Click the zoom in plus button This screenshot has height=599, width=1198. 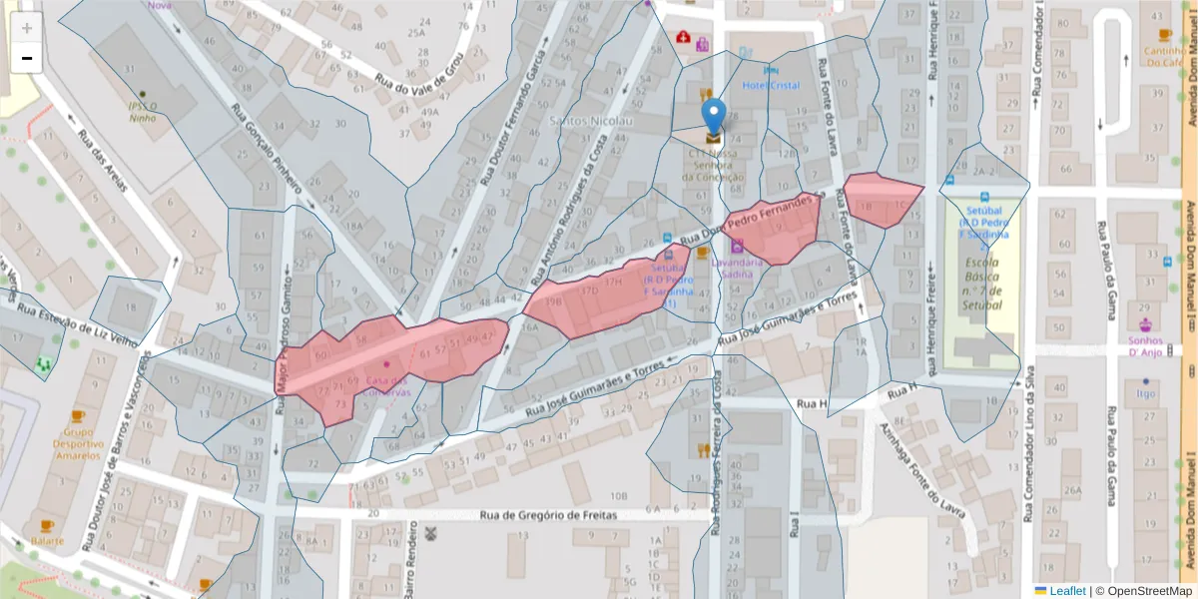[x=27, y=28]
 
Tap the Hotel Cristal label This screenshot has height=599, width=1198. [x=771, y=86]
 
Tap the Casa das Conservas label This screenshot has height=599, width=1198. [x=387, y=386]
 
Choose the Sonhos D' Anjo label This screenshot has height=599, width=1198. [x=1145, y=345]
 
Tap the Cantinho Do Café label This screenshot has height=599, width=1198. [x=1164, y=56]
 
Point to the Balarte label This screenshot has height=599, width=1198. [x=47, y=540]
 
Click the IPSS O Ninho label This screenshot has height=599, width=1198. [x=143, y=112]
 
